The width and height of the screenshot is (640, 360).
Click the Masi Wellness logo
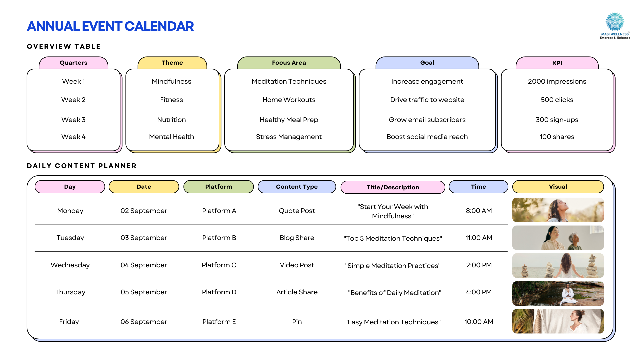(x=615, y=26)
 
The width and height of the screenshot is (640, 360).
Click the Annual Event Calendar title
(x=110, y=26)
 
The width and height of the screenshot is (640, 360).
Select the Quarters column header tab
(x=73, y=63)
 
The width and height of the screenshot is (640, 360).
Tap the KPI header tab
(x=557, y=63)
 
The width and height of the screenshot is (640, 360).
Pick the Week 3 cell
(x=73, y=120)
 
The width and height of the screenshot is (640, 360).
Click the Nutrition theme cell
(x=171, y=120)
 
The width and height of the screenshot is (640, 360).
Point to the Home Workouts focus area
(x=289, y=100)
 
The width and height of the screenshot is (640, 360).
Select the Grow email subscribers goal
(x=427, y=120)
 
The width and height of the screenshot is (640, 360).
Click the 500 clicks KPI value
(x=557, y=100)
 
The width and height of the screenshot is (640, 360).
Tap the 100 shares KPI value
(x=557, y=137)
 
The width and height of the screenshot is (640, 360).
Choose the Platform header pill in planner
(x=218, y=187)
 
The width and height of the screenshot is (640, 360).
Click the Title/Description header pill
(x=393, y=187)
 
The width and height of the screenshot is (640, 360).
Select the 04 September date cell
(x=144, y=265)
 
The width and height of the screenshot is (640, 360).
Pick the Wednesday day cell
(x=70, y=265)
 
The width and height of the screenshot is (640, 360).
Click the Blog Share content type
(x=297, y=238)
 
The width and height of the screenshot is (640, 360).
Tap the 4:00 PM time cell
(x=479, y=292)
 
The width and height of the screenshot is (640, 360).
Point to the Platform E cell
(x=219, y=322)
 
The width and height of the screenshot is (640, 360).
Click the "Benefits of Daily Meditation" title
(x=394, y=293)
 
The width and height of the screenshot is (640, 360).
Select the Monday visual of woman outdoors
(x=558, y=210)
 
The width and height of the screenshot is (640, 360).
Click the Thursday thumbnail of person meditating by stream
(x=558, y=293)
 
